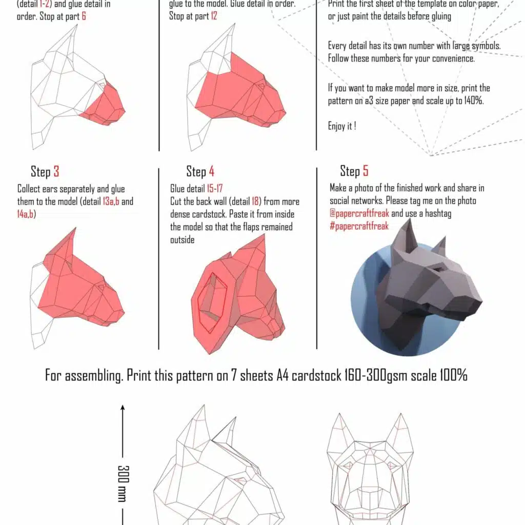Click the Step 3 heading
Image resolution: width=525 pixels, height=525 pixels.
click(45, 171)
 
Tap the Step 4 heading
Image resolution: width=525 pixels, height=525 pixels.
click(200, 171)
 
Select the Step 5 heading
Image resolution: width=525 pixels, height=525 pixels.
click(354, 171)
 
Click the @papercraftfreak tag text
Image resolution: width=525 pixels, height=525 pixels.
click(359, 213)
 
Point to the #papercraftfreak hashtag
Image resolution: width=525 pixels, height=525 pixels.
click(359, 226)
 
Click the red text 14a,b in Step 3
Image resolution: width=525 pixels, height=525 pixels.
click(26, 214)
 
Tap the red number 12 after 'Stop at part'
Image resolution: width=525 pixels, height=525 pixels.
click(214, 16)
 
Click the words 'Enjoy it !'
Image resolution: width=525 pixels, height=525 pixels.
click(342, 126)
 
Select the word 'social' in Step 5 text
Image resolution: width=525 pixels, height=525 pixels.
click(342, 200)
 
